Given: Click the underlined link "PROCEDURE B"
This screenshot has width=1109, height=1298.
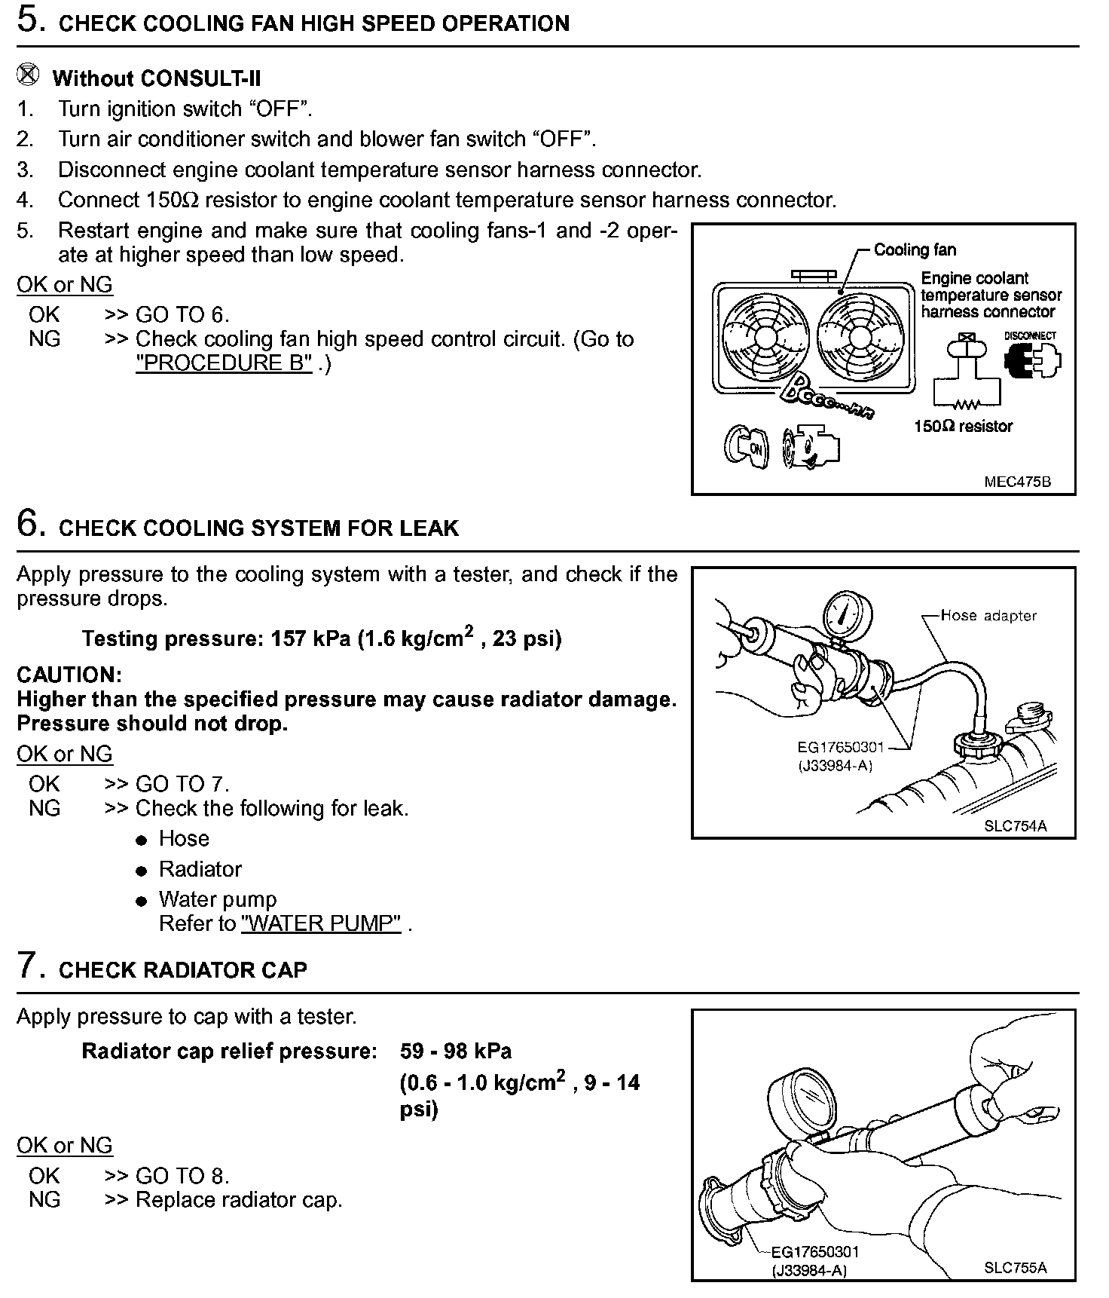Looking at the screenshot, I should click(x=224, y=363).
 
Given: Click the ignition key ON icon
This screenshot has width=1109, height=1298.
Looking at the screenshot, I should click(x=746, y=447).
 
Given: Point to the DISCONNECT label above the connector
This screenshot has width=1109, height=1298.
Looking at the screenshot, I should click(x=1030, y=335).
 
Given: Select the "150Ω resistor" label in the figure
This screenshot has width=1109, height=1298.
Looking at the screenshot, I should click(x=963, y=426).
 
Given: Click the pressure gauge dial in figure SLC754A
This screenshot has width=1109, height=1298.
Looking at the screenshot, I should click(x=844, y=614).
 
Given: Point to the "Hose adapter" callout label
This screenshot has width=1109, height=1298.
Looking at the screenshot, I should click(x=988, y=616).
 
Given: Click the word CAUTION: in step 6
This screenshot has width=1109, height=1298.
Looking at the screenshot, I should click(x=69, y=675).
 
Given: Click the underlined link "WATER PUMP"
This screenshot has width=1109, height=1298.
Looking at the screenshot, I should click(x=321, y=923).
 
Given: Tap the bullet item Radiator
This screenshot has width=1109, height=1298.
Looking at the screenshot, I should click(x=200, y=869).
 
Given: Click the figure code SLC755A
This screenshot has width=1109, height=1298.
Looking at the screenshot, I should click(x=1015, y=1267).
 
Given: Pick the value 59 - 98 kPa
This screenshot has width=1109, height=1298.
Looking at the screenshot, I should click(x=456, y=1051).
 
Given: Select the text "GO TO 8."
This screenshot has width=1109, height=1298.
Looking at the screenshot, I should click(x=182, y=1175).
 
